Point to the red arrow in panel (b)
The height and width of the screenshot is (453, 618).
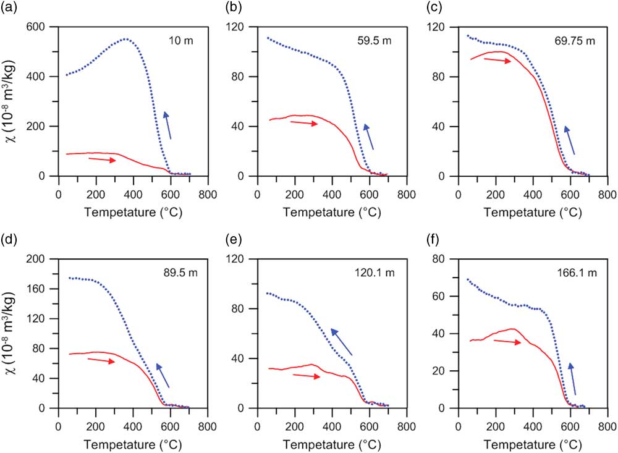tap(303, 123)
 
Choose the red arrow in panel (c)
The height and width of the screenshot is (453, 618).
tap(497, 61)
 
